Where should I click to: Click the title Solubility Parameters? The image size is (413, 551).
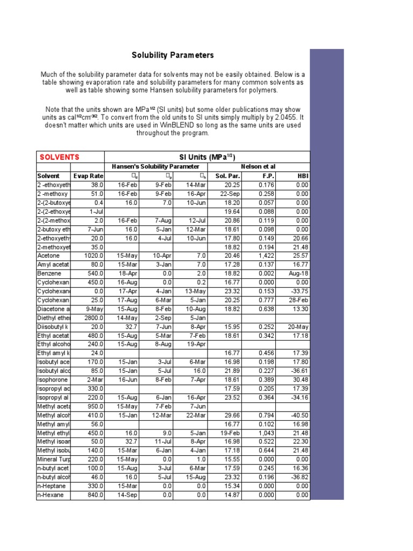click(173, 55)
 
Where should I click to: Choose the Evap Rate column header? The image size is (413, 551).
click(88, 176)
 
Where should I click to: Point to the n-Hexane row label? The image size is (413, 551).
click(50, 496)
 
